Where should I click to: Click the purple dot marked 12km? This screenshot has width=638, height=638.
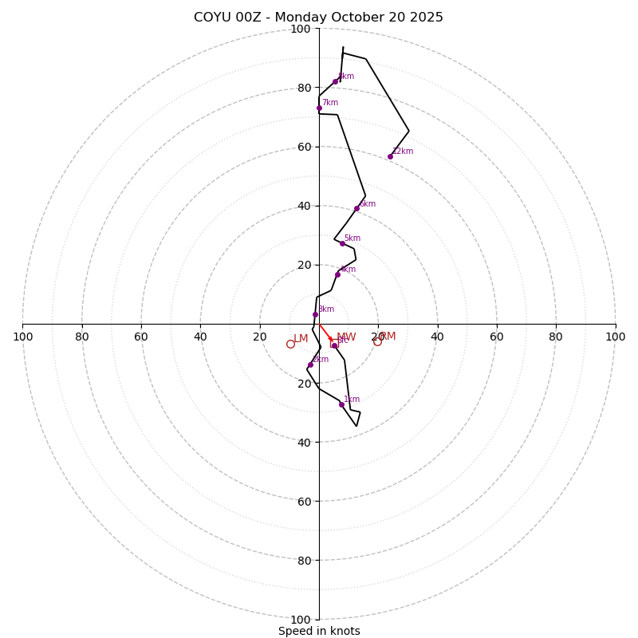pos(390,156)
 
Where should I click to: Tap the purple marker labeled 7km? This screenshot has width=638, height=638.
pos(319,108)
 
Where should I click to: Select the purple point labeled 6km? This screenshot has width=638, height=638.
pos(356,208)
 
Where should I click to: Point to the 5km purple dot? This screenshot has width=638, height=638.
pos(342,243)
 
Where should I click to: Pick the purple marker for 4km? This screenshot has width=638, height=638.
pos(337,274)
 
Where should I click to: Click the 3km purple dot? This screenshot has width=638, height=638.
pos(315,314)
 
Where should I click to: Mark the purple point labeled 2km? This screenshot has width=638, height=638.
pos(310,364)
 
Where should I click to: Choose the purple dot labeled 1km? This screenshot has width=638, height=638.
pos(341,404)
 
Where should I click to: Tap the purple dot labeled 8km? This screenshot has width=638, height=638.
pos(335,81)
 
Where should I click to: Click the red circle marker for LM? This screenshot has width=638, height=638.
pos(290,344)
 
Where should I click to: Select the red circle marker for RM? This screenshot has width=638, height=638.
pos(377,341)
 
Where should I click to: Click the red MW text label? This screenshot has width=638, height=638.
pos(346,337)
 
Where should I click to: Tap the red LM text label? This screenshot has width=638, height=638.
pos(301,339)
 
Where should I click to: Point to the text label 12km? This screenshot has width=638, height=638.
pos(403,151)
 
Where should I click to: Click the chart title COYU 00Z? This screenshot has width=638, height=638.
pos(231,18)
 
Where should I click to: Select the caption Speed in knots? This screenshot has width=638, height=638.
pos(319,631)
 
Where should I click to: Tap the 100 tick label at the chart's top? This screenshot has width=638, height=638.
pos(301,30)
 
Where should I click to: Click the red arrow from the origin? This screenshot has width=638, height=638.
pos(325,333)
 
